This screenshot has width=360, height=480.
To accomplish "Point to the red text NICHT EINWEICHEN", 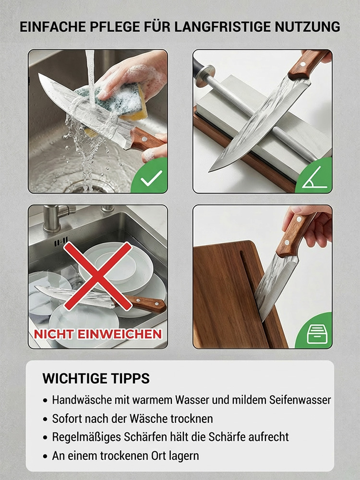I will [98, 334].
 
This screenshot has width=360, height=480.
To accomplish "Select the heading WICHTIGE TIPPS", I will [96, 378].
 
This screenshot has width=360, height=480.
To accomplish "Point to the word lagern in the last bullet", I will [185, 456].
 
